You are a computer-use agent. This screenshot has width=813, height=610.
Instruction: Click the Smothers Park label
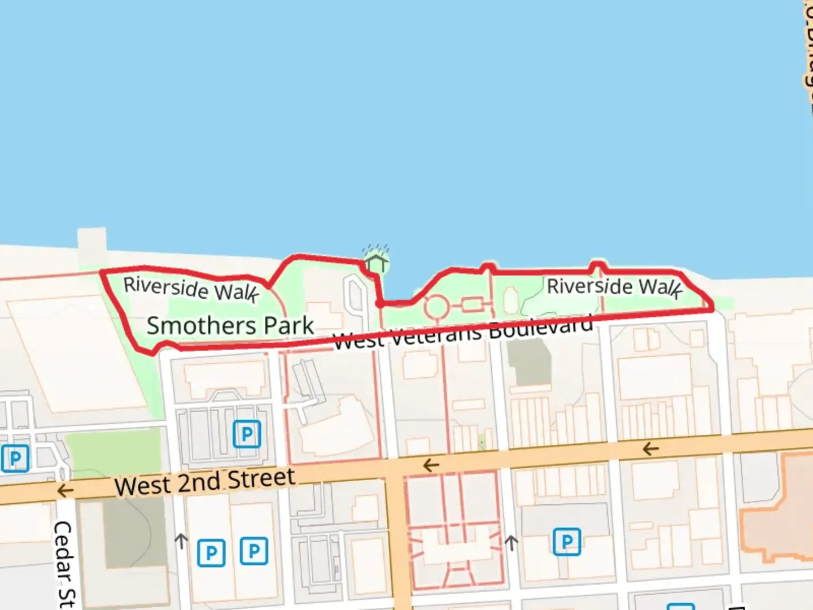tap(230, 326)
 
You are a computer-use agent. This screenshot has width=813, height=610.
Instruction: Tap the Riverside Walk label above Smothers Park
tap(191, 289)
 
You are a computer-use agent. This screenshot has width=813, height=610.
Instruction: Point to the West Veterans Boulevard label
tap(463, 333)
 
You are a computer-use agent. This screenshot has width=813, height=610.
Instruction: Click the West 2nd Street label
tap(204, 482)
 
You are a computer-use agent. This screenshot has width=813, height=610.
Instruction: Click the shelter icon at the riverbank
tap(376, 262)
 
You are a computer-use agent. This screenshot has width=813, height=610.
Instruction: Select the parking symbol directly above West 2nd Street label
tap(247, 434)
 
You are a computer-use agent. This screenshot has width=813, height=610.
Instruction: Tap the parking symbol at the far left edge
tap(15, 458)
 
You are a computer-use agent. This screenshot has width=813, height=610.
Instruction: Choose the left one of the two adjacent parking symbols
tap(211, 552)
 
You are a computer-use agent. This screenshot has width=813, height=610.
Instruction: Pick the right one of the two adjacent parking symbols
tap(253, 551)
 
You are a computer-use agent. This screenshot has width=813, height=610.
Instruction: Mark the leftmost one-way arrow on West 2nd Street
tap(65, 490)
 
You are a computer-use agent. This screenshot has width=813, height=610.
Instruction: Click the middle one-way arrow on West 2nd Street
tap(431, 465)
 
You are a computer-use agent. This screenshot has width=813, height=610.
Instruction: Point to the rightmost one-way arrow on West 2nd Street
tap(650, 449)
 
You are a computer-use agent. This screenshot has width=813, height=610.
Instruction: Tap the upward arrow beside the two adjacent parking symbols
tap(181, 541)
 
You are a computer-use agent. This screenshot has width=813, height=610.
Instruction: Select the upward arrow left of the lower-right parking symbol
tap(511, 543)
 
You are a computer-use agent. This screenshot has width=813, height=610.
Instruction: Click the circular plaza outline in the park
tap(436, 307)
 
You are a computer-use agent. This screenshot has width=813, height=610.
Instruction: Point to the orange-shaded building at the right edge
tap(779, 508)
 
